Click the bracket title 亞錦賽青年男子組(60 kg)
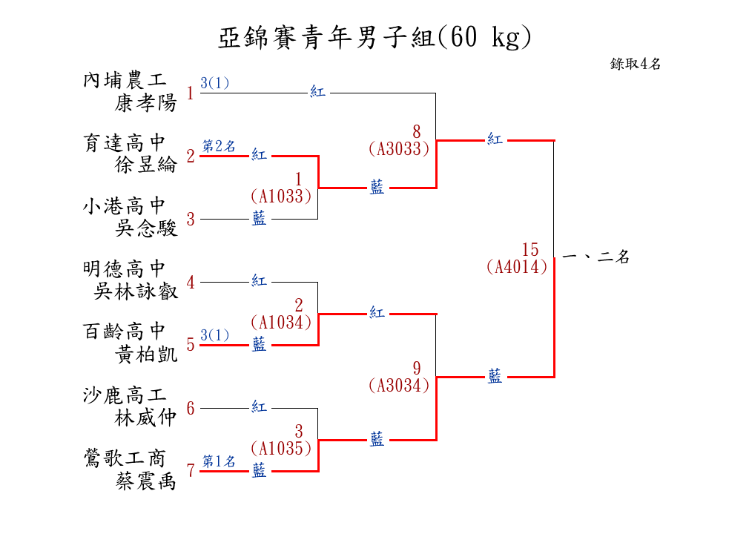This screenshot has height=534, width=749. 374,38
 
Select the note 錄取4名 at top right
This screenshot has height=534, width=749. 636,64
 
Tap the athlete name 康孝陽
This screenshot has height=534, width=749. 146,103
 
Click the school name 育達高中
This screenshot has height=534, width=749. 125,142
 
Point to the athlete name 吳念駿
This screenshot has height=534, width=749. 146,228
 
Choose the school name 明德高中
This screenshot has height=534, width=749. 125,268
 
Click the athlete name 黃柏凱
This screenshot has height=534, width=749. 146,355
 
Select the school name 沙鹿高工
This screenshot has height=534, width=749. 125,395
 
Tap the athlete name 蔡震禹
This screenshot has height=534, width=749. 146,481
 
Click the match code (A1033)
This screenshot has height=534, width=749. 280,196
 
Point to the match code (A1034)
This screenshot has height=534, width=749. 280,322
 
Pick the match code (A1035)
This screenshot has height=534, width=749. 280,448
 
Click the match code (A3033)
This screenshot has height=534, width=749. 399,148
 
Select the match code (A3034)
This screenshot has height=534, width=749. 399,385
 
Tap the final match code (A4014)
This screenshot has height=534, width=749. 517,266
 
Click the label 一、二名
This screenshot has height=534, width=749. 596,258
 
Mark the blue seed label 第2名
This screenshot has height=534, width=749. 220,146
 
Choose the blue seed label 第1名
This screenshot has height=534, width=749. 220,461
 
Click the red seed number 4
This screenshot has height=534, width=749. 191,283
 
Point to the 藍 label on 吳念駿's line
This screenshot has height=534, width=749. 259,220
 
